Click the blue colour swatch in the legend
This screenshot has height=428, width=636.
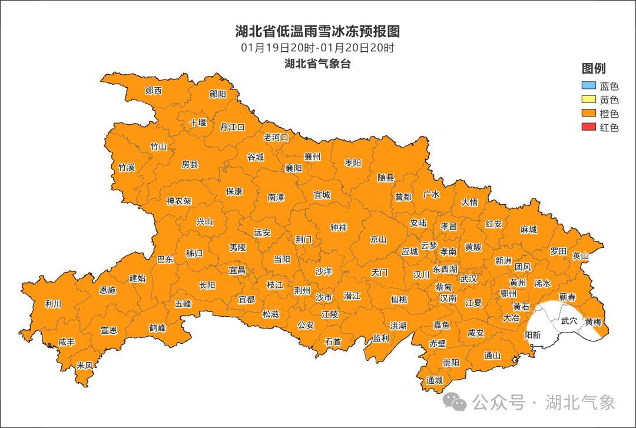click(x=589, y=87)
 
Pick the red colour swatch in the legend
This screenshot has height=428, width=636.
click(x=589, y=127)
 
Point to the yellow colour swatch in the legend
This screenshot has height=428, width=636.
click(x=589, y=100)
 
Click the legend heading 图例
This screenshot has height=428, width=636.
click(x=593, y=68)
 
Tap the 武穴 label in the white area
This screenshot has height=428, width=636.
click(x=569, y=321)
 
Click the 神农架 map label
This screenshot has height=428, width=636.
click(x=178, y=201)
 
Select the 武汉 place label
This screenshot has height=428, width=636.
click(x=469, y=278)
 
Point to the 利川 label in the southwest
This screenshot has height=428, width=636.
click(x=53, y=304)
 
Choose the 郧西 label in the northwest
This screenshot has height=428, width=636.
click(x=153, y=91)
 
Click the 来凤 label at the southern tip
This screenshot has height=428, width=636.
click(x=85, y=366)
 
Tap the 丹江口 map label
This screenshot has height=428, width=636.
click(x=232, y=127)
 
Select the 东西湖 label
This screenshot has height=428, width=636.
click(x=445, y=268)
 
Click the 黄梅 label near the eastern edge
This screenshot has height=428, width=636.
click(x=593, y=322)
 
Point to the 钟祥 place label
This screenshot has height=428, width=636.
click(x=338, y=228)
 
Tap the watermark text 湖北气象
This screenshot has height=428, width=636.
click(x=580, y=402)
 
